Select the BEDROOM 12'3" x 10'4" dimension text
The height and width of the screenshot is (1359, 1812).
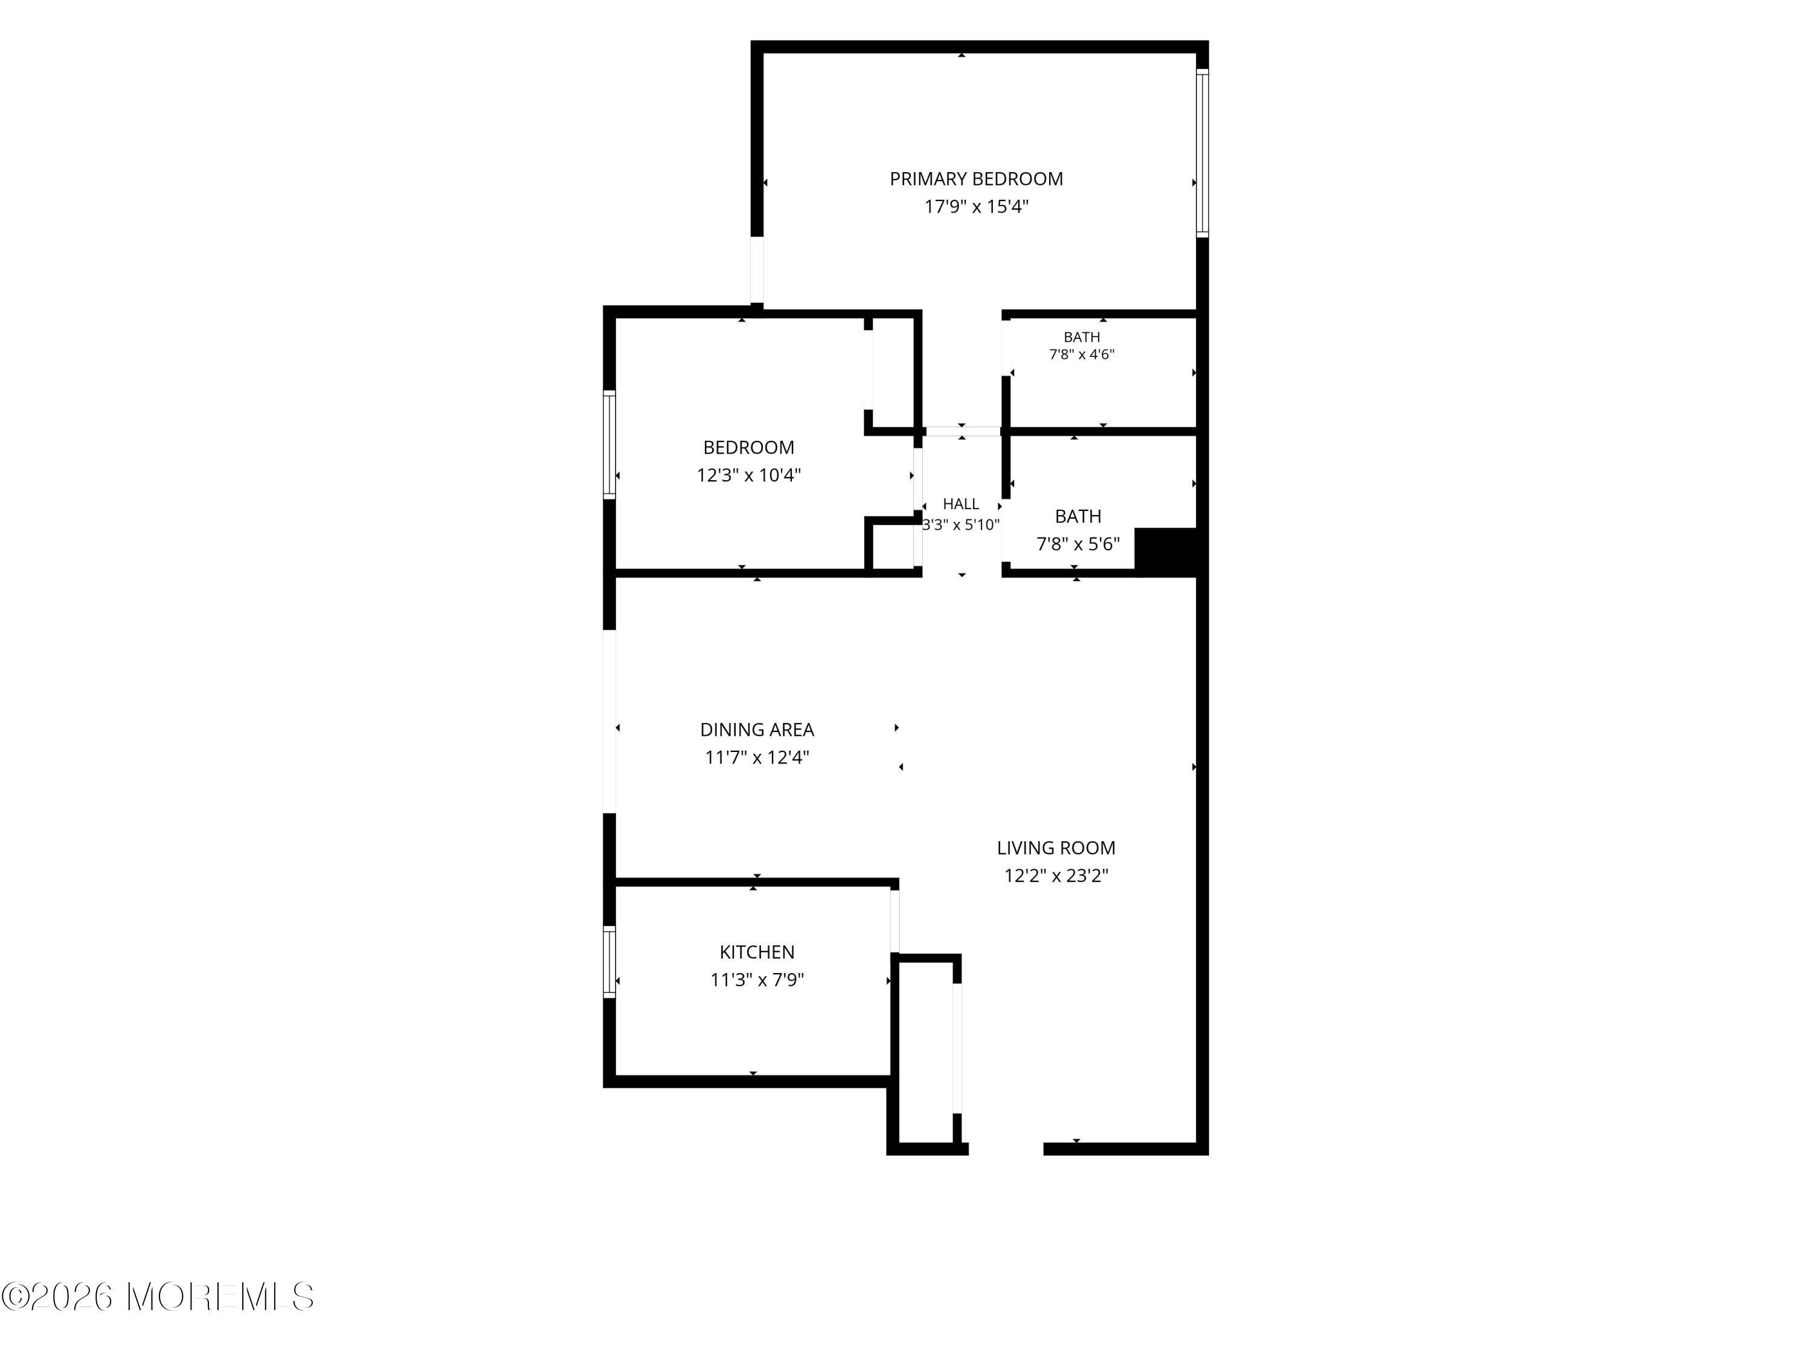[749, 475]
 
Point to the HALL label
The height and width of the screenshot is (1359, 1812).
[961, 504]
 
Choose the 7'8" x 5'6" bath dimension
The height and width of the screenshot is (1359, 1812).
[1078, 544]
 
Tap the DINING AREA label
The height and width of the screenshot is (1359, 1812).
[757, 729]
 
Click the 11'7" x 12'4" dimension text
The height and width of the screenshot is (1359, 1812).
[757, 757]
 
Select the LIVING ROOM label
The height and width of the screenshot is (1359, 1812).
[1056, 848]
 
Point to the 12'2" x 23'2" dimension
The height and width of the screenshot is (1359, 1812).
[1056, 876]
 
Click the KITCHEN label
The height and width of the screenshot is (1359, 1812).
[757, 952]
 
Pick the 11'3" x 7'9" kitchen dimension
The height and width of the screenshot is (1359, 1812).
[757, 980]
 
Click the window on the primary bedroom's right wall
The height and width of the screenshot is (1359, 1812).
[1202, 153]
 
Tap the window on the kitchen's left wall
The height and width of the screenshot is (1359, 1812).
[609, 962]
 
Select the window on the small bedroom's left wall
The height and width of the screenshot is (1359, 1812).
[609, 445]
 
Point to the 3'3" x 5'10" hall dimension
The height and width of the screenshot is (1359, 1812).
[961, 525]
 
